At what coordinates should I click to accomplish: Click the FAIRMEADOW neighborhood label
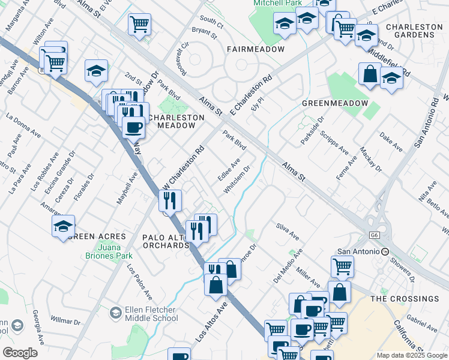[255, 49]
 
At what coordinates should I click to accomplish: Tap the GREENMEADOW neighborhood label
[334, 103]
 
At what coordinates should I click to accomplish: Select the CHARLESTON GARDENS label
[414, 31]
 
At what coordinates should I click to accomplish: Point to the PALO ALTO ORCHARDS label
[166, 241]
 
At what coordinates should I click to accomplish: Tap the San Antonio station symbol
[385, 251]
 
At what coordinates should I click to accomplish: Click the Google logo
[20, 352]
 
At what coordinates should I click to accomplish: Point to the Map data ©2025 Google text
[412, 355]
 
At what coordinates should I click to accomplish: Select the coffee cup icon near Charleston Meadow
[133, 127]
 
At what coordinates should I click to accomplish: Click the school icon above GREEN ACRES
[63, 227]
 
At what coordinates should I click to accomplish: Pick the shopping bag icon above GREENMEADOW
[370, 74]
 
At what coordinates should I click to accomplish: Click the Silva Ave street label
[288, 232]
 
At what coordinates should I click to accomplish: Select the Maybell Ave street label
[128, 188]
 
